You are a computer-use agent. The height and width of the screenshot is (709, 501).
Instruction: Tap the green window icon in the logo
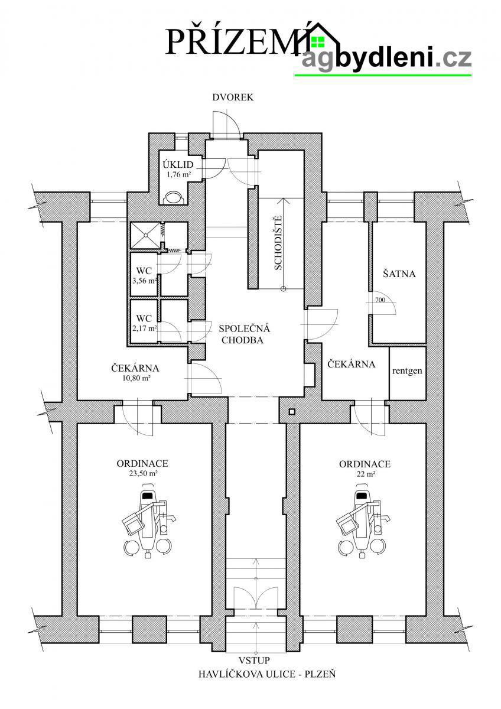pyautogui.click(x=318, y=41)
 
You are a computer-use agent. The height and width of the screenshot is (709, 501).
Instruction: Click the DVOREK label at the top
pyautogui.click(x=233, y=97)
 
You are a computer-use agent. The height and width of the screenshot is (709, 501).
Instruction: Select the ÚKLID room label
pyautogui.click(x=178, y=165)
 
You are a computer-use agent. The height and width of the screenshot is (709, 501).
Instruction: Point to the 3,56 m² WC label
pyautogui.click(x=144, y=276)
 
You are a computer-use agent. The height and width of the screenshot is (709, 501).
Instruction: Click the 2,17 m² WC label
pyautogui.click(x=144, y=323)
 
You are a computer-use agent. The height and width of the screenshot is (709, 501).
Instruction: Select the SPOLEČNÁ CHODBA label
pyautogui.click(x=244, y=334)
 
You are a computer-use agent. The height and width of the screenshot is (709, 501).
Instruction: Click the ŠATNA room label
pyautogui.click(x=399, y=274)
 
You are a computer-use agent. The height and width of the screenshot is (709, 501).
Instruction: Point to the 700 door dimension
pyautogui.click(x=380, y=300)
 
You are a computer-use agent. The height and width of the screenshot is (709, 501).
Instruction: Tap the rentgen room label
pyautogui.click(x=407, y=370)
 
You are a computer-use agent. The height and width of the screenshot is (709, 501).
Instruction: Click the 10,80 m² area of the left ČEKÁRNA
pyautogui.click(x=135, y=378)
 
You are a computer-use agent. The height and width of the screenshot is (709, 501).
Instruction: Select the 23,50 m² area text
pyautogui.click(x=142, y=473)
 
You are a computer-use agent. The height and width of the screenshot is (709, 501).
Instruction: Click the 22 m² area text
pyautogui.click(x=365, y=474)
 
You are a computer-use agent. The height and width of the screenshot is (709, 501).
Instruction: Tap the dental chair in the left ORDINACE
pyautogui.click(x=148, y=521)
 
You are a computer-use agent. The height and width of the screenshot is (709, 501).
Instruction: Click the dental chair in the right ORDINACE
pyautogui.click(x=363, y=521)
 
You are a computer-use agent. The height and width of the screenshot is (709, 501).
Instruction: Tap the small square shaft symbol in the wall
pyautogui.click(x=292, y=412)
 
